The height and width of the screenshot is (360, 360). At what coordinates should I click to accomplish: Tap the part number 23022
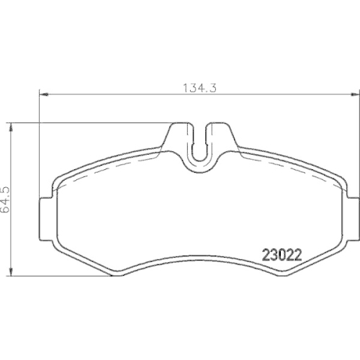click(x=279, y=254)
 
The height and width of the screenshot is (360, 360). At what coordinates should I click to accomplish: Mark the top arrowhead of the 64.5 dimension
click(x=12, y=126)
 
